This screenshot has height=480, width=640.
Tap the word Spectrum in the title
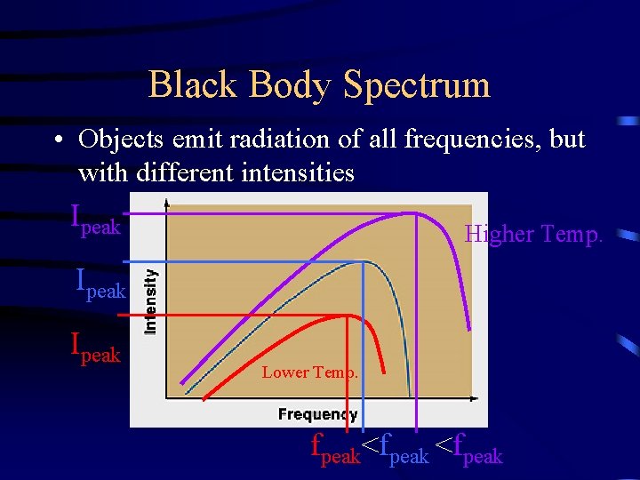(416, 85)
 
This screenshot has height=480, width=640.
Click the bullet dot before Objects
(56, 141)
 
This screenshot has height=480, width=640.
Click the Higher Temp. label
(533, 235)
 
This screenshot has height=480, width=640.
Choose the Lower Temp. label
(310, 372)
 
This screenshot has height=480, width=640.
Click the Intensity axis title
(151, 302)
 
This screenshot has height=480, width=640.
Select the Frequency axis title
(317, 414)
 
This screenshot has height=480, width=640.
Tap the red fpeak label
(335, 449)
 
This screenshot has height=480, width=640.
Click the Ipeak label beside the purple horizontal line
(95, 220)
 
